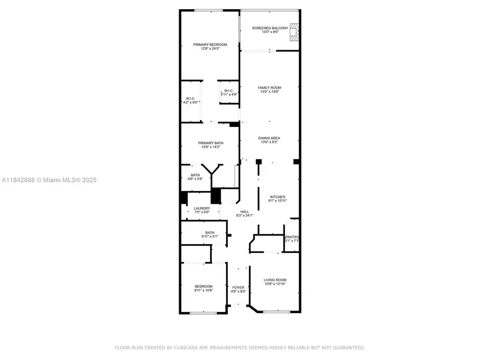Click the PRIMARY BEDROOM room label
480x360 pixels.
coord(210,45)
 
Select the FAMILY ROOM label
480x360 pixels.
coord(269,87)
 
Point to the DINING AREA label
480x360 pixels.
coord(269,138)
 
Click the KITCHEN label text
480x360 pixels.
coord(277,197)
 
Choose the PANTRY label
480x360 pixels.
coord(292,237)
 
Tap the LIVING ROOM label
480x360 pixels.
coord(275,280)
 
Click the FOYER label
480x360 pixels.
coord(238,287)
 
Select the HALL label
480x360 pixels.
coord(244,212)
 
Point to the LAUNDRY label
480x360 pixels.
coord(202,209)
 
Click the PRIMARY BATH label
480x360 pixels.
coord(210,143)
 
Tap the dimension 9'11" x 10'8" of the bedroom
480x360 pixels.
coord(203,290)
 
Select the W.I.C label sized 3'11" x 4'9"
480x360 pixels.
coord(228,91)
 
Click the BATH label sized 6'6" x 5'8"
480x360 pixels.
coord(196,174)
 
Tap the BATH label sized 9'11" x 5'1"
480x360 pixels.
coord(210,232)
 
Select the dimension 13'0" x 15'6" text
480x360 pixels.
coord(269,92)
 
